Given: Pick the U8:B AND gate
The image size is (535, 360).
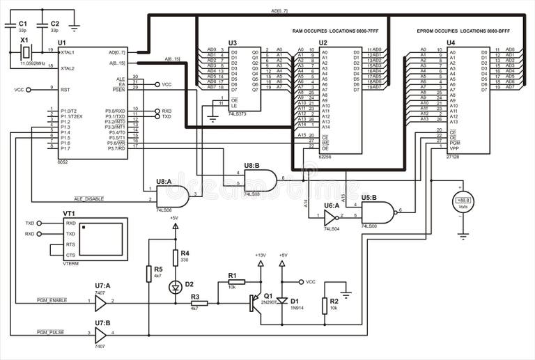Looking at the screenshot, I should (x=260, y=180).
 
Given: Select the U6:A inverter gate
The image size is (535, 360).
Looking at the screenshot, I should (x=329, y=218).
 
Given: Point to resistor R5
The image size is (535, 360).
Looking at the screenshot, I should (x=149, y=273).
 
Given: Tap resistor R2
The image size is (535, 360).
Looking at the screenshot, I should (x=325, y=304).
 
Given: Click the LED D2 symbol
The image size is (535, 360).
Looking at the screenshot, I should (x=175, y=286).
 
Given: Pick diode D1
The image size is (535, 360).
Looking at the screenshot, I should (x=281, y=302).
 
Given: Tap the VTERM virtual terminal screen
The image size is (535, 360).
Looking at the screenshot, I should (x=102, y=239).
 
